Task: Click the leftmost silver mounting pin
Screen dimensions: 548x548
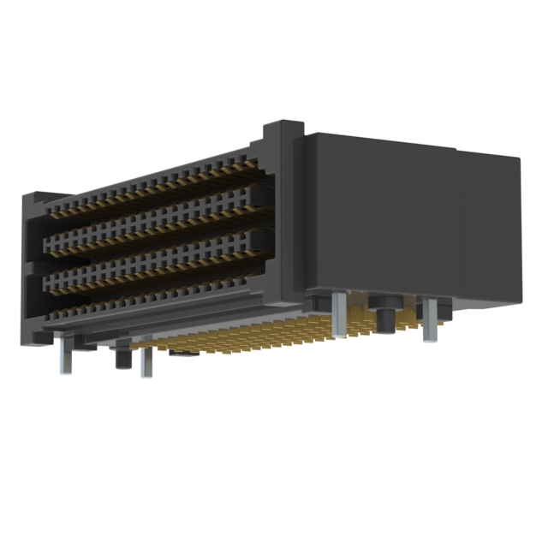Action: coord(65,355)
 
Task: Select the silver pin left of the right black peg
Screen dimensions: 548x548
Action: coord(341,315)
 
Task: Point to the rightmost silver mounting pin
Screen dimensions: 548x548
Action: coord(429,319)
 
